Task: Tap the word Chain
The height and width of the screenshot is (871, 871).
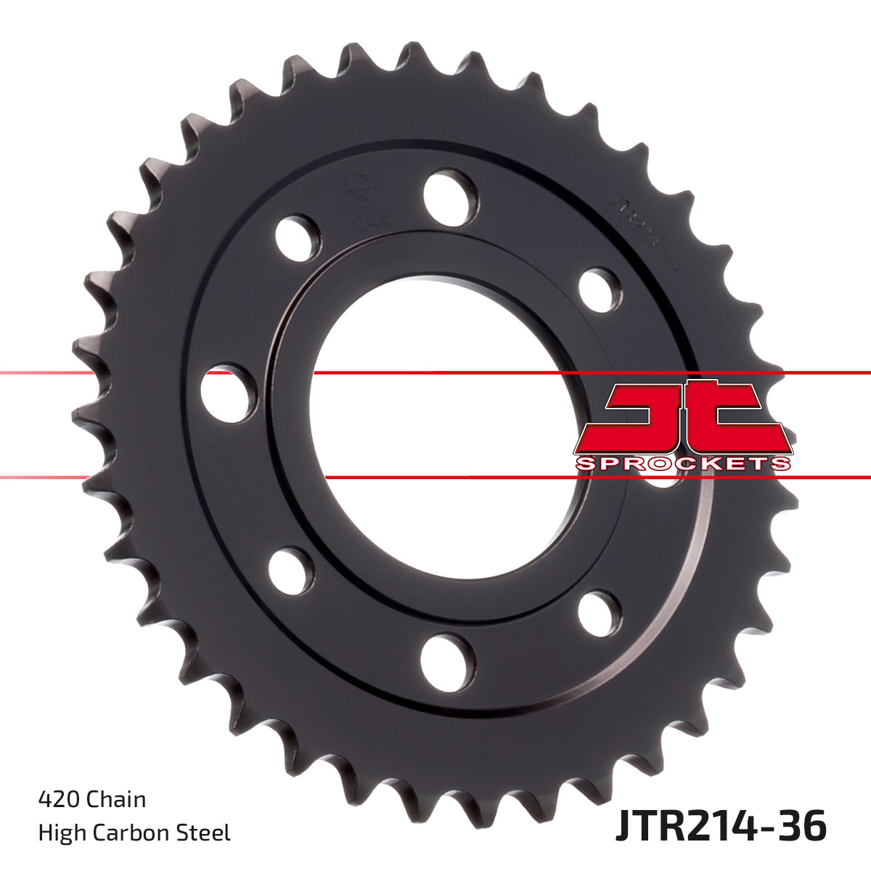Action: (x=115, y=799)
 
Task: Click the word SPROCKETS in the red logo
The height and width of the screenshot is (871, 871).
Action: (x=683, y=464)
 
